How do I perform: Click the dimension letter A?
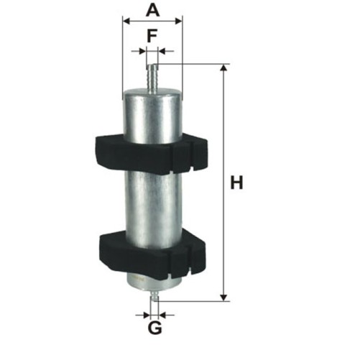[152, 10]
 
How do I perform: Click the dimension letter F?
[152, 35]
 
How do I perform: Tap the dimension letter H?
[236, 183]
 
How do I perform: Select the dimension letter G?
[155, 328]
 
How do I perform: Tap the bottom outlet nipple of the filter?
[154, 295]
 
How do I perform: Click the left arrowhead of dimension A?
[126, 21]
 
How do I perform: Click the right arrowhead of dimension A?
[179, 21]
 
